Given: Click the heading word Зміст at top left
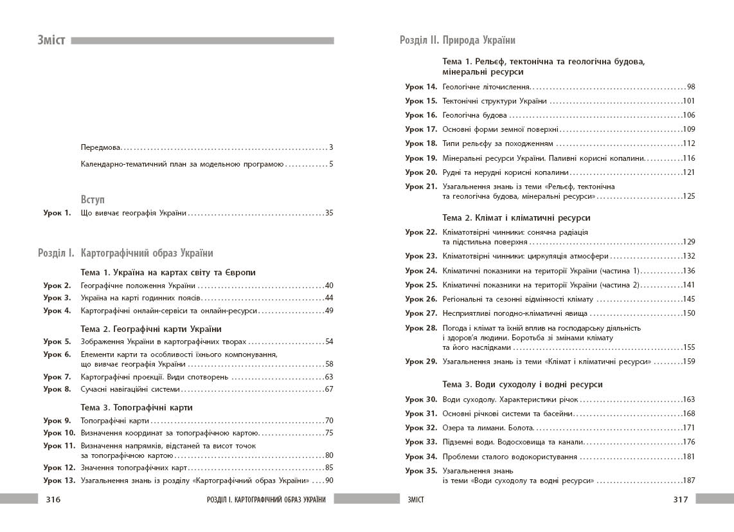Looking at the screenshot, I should click(52, 41).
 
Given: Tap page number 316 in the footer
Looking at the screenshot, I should click(53, 499).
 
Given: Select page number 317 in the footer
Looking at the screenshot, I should click(680, 499).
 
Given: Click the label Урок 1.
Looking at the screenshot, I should click(57, 213).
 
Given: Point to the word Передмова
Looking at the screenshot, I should click(101, 147).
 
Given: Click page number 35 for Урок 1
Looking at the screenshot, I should click(329, 213).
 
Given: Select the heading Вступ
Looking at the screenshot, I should click(93, 199).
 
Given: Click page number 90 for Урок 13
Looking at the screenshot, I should click(329, 480).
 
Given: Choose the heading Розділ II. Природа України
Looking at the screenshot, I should click(458, 40).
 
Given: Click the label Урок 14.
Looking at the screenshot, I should click(421, 86).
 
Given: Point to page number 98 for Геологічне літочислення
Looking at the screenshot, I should click(690, 86).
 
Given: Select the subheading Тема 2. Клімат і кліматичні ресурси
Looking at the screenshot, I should click(516, 218).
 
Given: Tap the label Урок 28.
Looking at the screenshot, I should click(421, 327).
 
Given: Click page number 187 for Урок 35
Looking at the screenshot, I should click(688, 480).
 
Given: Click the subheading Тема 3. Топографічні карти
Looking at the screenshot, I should click(136, 407).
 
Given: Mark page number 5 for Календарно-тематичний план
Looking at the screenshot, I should click(331, 164).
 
